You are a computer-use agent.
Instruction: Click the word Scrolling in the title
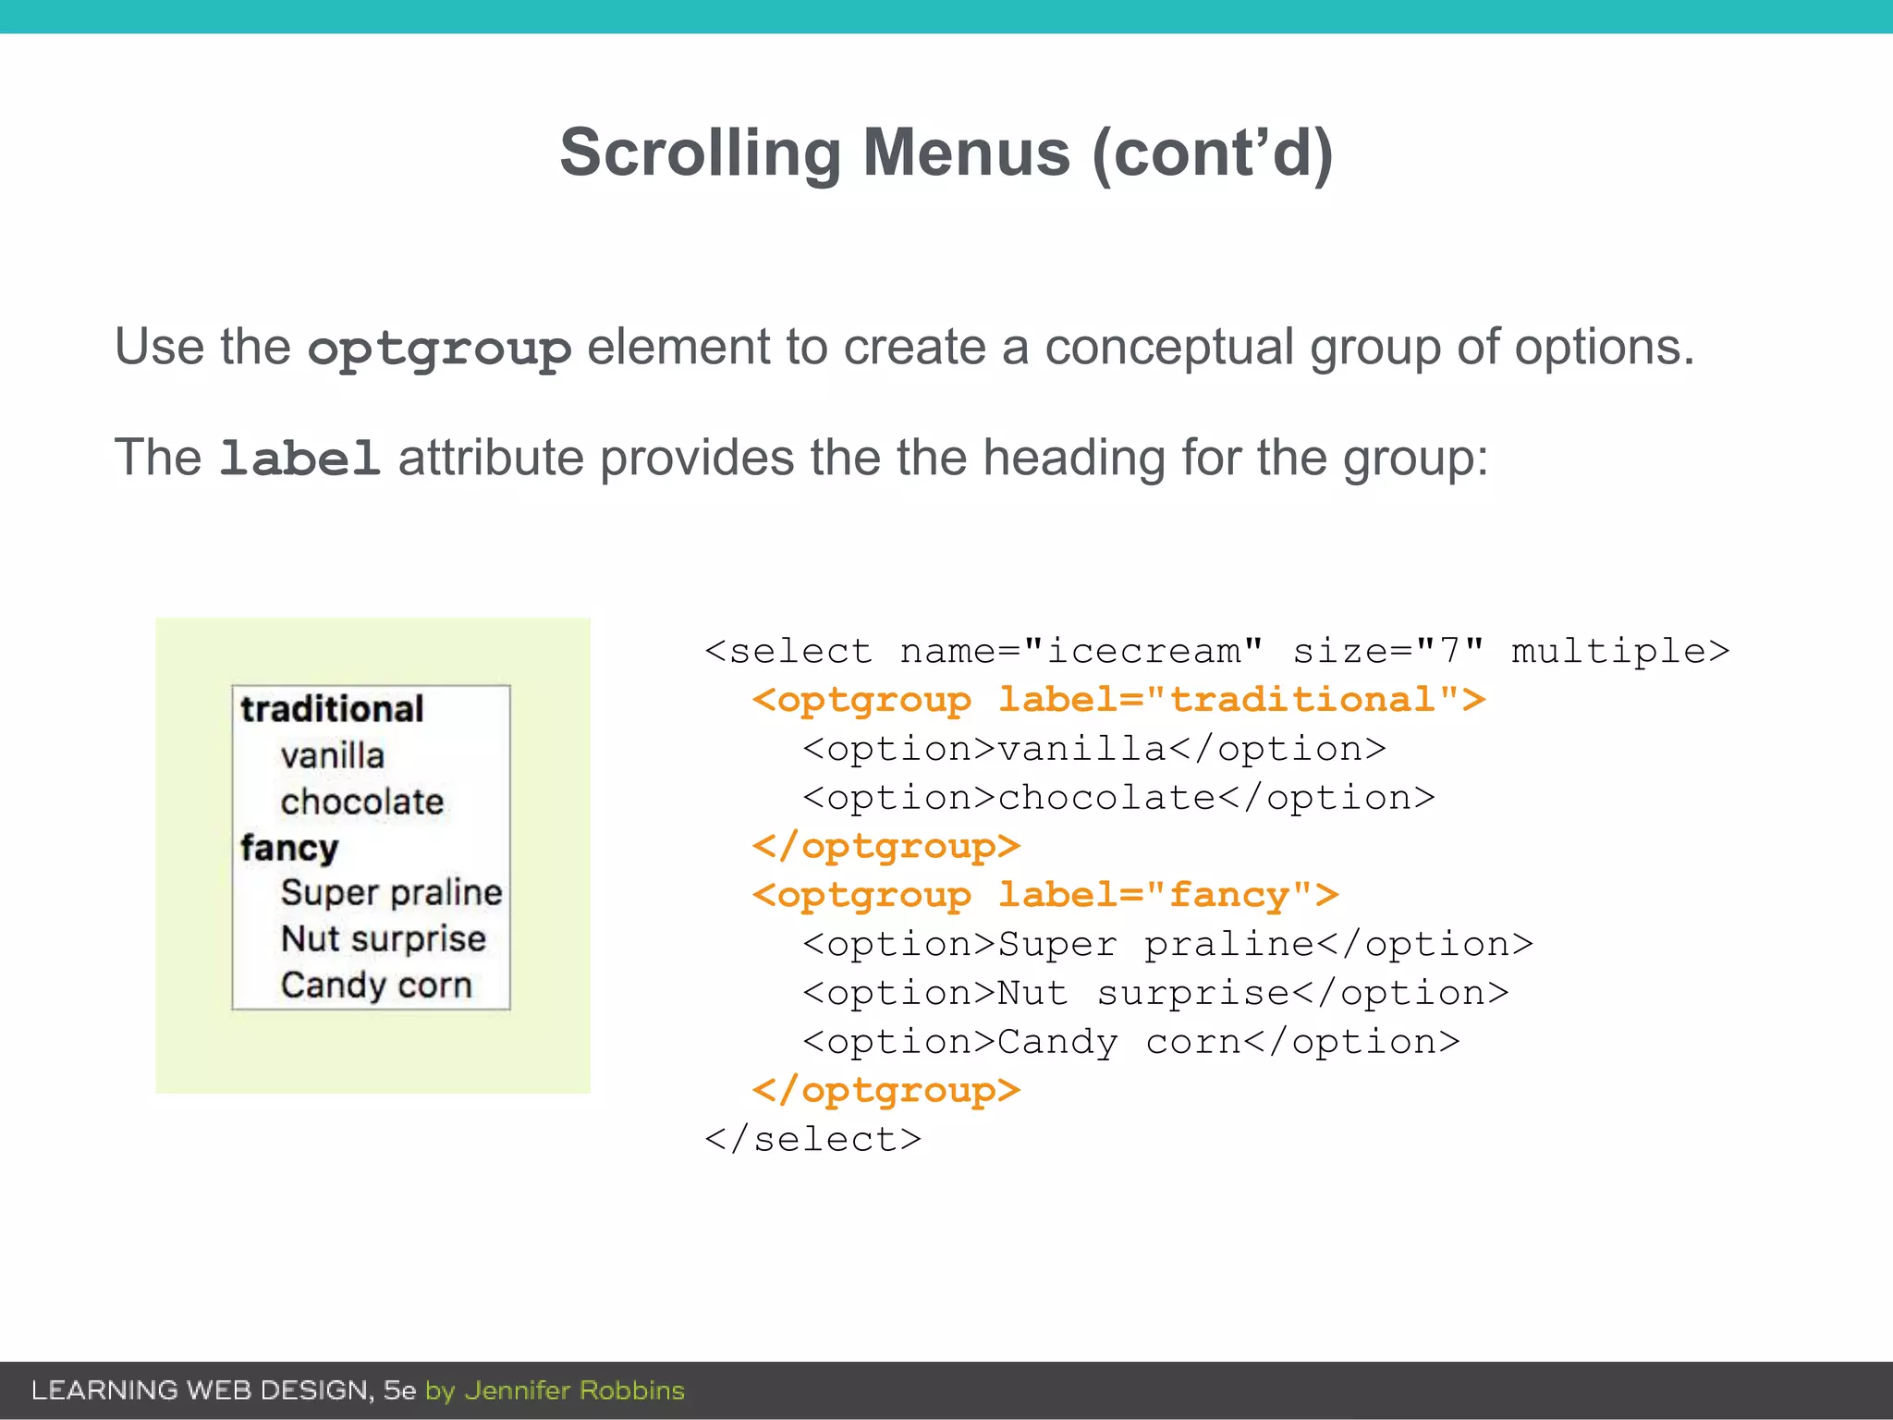(x=700, y=153)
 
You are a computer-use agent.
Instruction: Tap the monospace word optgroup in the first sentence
(x=439, y=349)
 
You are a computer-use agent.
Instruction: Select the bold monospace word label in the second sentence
(x=299, y=459)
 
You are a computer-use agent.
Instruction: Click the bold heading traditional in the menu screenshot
(x=332, y=709)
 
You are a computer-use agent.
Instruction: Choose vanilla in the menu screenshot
(x=332, y=755)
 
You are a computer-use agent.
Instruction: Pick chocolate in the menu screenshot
(x=361, y=802)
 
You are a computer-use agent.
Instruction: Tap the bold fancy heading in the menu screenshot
(x=289, y=848)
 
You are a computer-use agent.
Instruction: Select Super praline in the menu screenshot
(x=391, y=892)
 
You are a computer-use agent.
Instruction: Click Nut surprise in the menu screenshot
(x=383, y=938)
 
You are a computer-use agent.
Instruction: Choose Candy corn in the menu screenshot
(x=376, y=985)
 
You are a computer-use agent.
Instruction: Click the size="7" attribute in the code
(x=1388, y=652)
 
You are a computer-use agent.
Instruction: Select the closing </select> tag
(x=813, y=1139)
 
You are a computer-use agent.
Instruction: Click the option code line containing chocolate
(x=1118, y=798)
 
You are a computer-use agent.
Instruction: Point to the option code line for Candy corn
(x=1130, y=1042)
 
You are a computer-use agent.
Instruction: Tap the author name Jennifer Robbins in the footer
(x=574, y=1390)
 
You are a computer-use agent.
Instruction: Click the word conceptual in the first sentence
(x=1169, y=348)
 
